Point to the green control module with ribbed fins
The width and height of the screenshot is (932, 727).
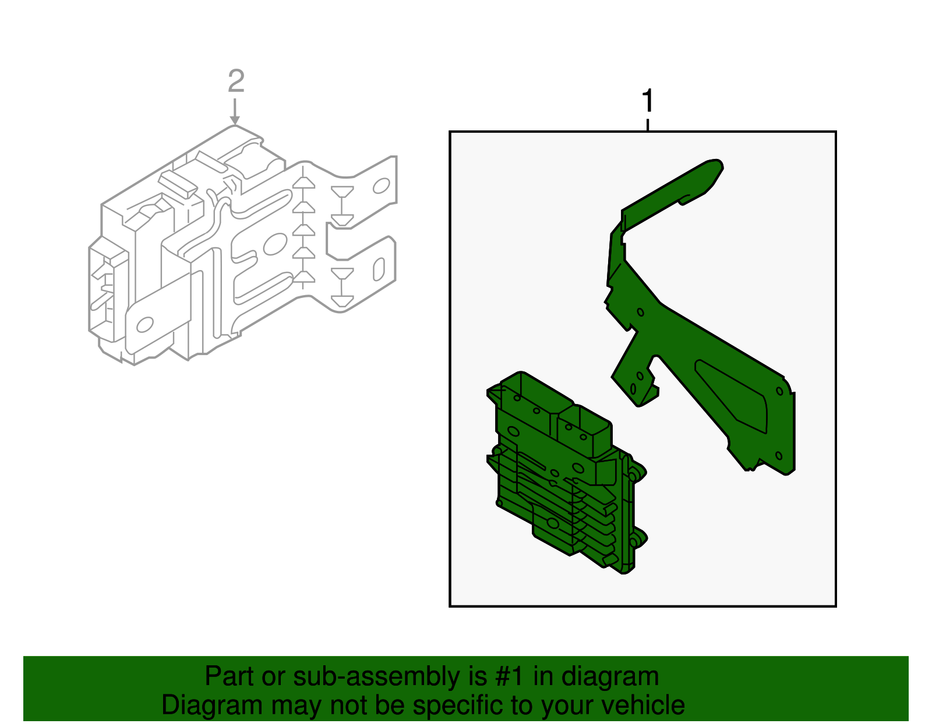tap(566, 472)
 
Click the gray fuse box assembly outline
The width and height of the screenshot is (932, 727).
tap(243, 245)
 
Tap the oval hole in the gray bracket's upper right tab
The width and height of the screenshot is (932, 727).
tap(382, 186)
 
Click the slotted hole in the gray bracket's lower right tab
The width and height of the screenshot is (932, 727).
tap(379, 269)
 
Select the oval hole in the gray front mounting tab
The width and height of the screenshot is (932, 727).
tap(145, 325)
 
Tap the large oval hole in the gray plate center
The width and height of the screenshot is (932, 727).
tap(275, 244)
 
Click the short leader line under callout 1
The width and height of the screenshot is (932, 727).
tap(648, 125)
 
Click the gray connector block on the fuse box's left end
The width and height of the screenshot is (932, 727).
tap(108, 289)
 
